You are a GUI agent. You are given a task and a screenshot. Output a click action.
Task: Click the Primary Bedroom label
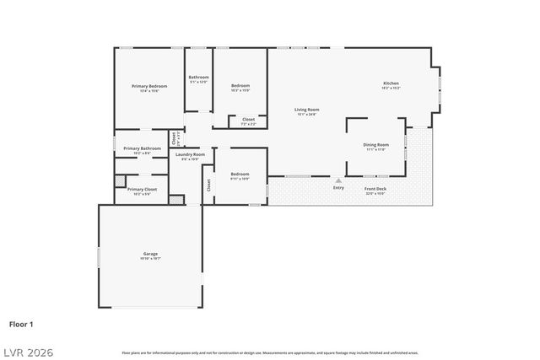pos(149,86)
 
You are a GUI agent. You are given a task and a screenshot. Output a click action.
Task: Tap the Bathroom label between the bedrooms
pos(198,78)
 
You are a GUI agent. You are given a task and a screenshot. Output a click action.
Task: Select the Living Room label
pos(306,110)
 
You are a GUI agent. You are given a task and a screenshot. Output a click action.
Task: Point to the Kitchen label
pos(391,83)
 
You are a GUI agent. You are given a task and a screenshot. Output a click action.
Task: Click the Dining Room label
pos(375,145)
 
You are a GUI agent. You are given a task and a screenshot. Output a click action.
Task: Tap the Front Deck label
pos(375,188)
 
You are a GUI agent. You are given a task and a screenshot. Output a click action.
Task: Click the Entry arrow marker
pos(338,180)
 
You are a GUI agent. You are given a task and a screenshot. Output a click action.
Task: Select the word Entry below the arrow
pos(338,188)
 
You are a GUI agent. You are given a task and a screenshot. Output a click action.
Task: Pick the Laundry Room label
pos(190,154)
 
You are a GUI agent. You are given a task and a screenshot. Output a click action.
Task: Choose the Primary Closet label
pos(142,190)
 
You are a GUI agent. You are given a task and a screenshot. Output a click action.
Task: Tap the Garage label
pos(150,254)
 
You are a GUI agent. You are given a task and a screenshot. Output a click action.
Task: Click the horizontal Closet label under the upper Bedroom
pos(248,120)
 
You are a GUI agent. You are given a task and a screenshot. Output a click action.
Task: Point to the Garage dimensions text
pos(150,259)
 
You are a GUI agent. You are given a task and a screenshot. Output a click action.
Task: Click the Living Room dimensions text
pos(306,115)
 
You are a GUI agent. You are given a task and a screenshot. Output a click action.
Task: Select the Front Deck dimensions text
pos(375,193)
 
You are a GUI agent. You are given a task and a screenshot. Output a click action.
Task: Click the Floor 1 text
pos(21,323)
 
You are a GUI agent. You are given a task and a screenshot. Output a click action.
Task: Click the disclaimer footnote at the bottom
pos(269,352)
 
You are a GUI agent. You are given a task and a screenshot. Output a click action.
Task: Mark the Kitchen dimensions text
pos(391,89)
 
